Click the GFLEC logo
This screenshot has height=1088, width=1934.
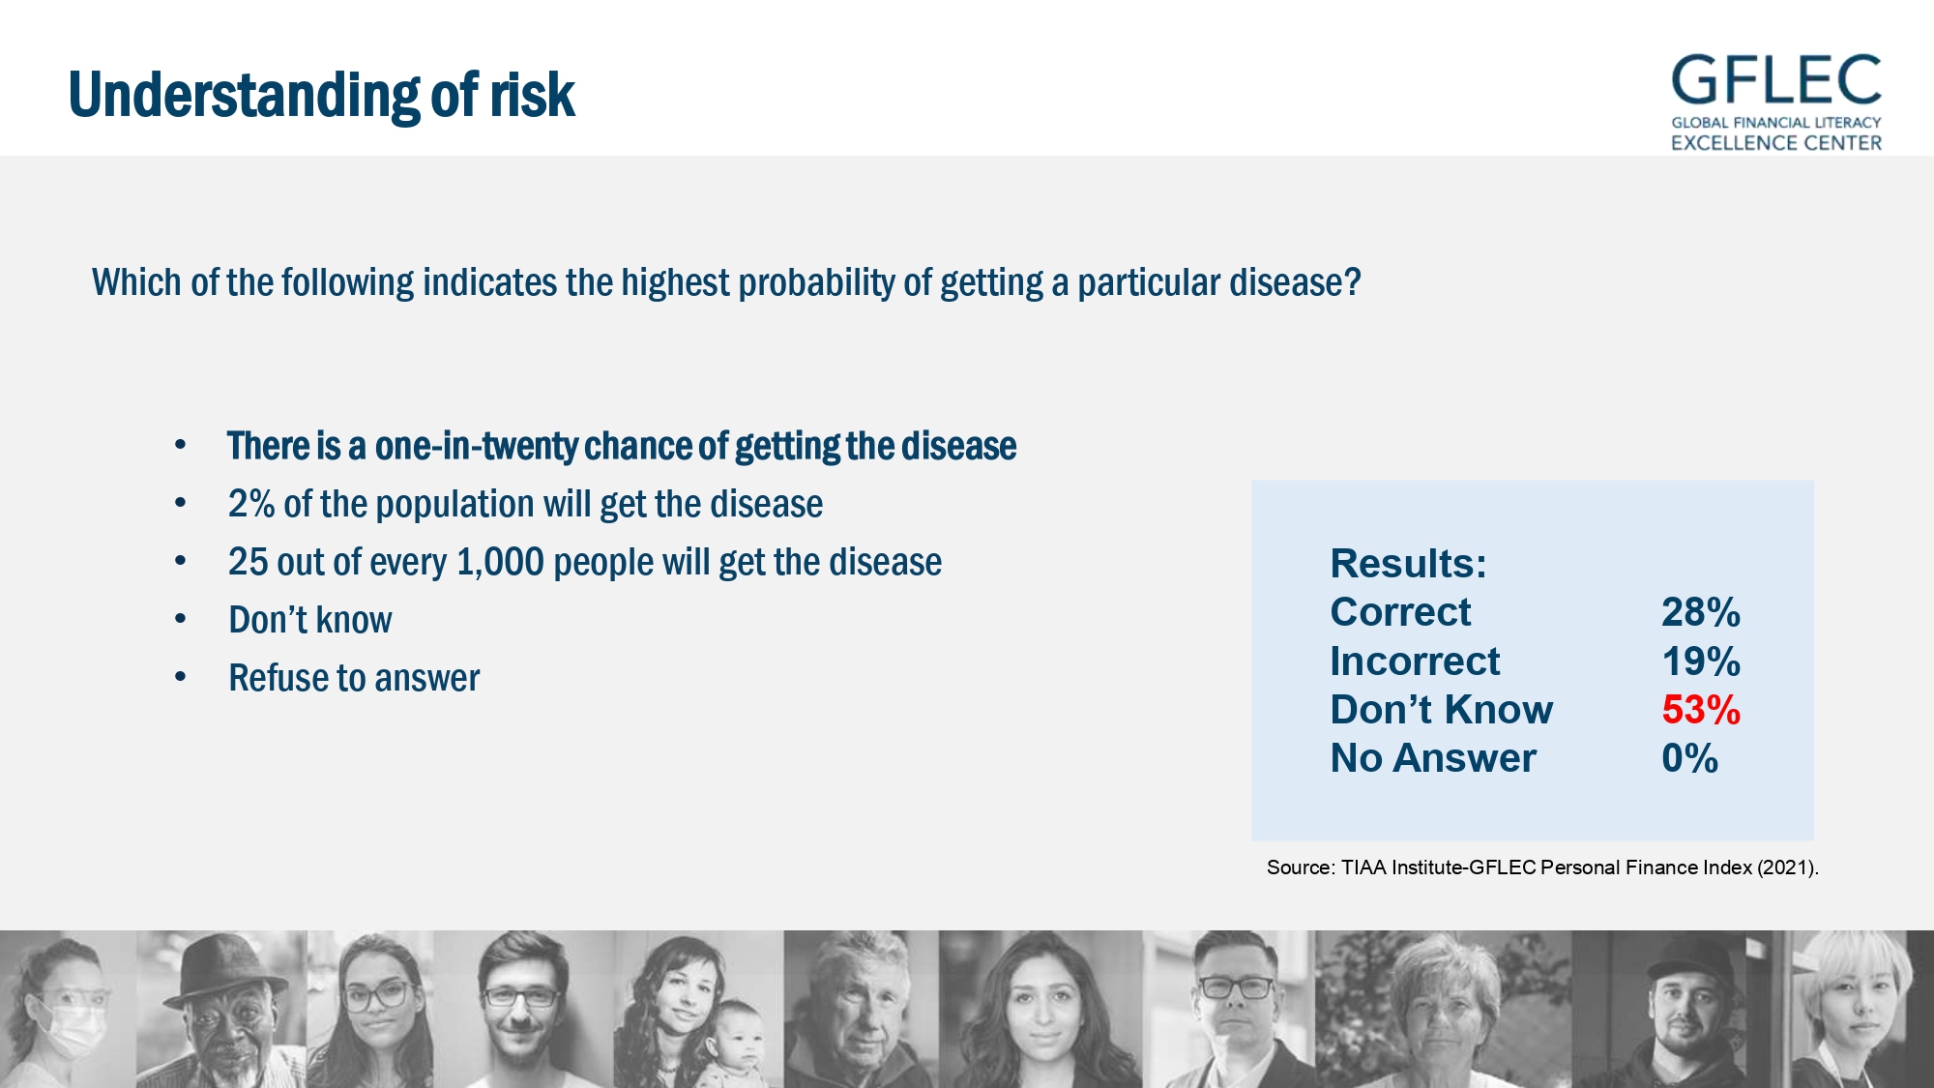[x=1776, y=103]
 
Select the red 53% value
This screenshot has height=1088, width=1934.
[x=1701, y=710]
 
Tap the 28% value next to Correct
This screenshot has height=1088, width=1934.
[x=1701, y=612]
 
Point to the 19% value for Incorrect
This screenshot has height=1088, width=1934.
[x=1701, y=662]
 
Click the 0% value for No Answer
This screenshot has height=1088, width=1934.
[x=1689, y=758]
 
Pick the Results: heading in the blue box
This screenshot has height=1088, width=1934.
[x=1408, y=564]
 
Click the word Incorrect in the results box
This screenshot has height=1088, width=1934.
[x=1415, y=662]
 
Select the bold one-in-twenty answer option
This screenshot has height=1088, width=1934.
[x=622, y=446]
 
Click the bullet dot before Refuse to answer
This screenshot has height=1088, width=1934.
[x=180, y=677]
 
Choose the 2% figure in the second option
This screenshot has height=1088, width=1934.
[x=251, y=504]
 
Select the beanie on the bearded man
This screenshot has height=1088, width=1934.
[x=1685, y=957]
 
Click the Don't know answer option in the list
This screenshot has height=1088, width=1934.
[x=310, y=620]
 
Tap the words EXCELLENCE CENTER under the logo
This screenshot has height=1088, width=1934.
[x=1776, y=143]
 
